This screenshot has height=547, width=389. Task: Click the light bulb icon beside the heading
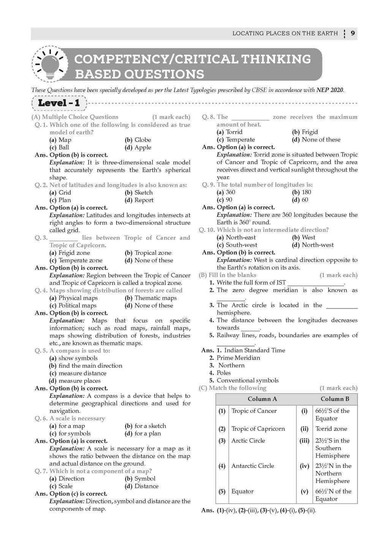(x=51, y=65)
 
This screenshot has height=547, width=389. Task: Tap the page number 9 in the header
(x=353, y=33)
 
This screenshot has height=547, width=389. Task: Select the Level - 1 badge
(x=59, y=103)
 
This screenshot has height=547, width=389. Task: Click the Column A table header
(x=262, y=399)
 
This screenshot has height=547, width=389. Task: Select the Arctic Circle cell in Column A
(x=248, y=441)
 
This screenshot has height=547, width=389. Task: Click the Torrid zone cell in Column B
(x=331, y=428)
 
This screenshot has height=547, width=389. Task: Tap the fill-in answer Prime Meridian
(x=238, y=358)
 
